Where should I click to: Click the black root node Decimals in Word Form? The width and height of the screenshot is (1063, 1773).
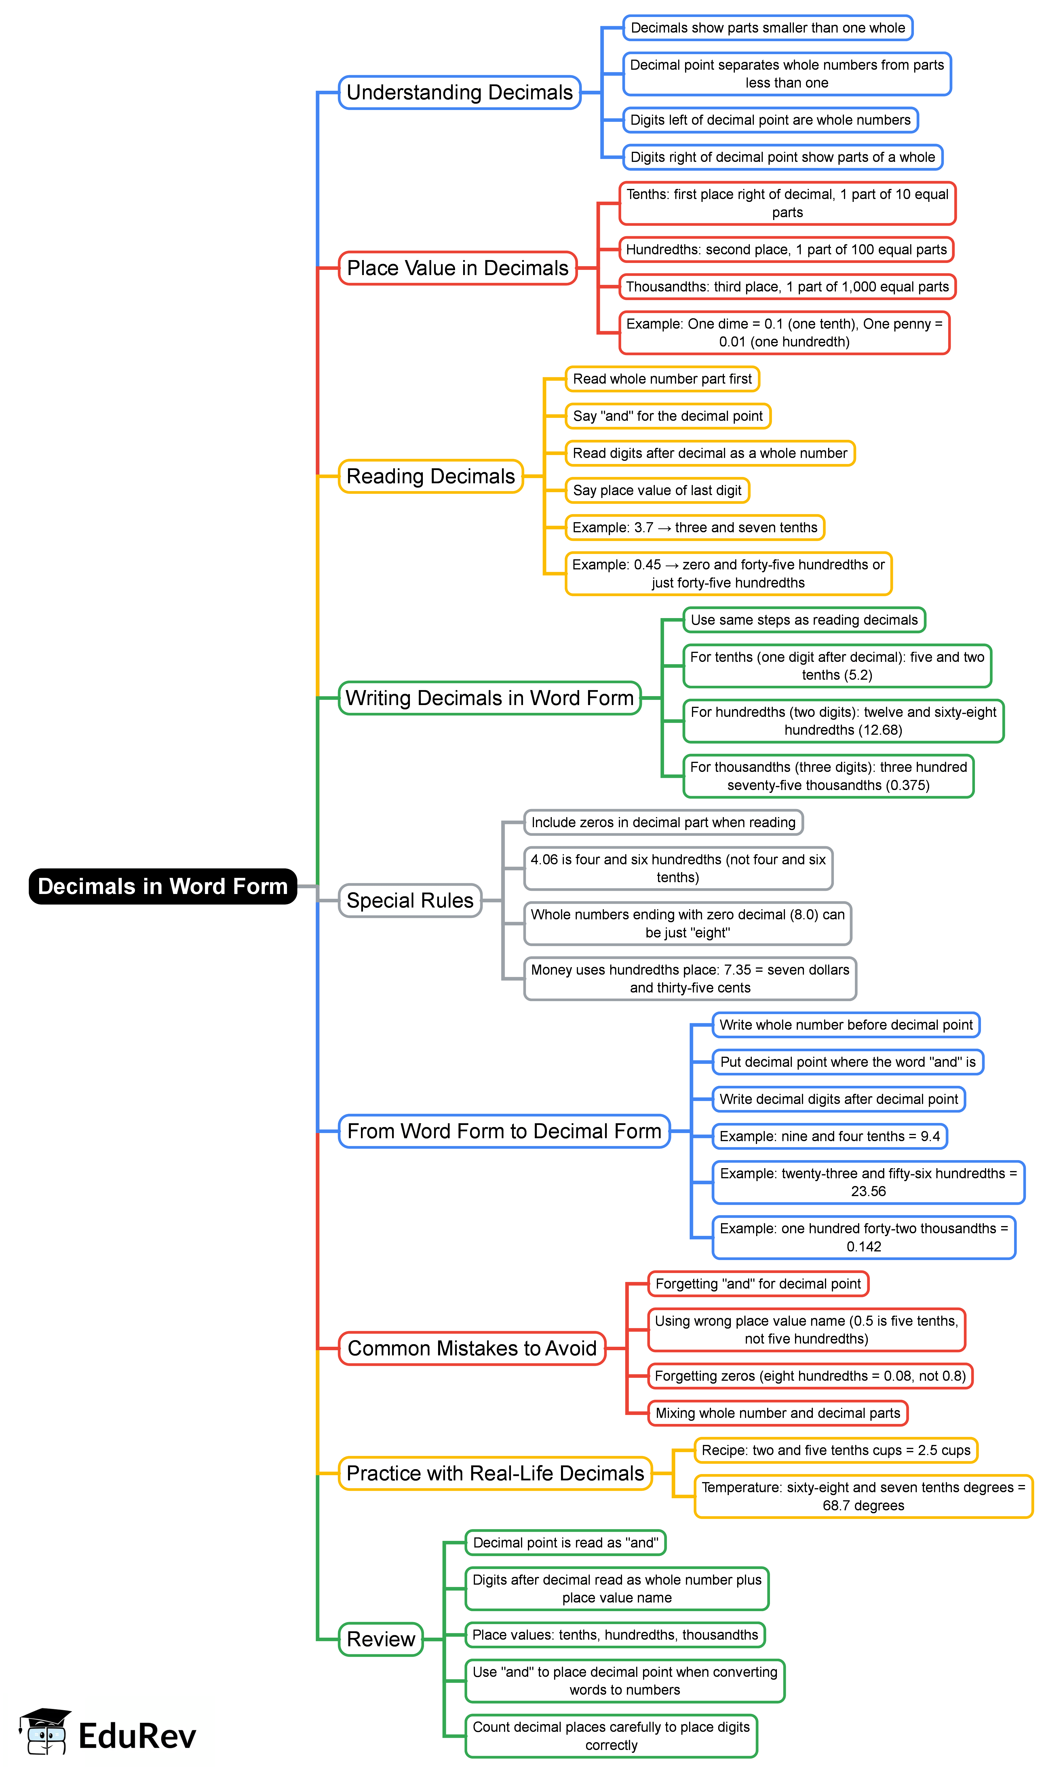tap(163, 887)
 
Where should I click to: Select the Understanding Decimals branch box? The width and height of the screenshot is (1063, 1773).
tap(459, 92)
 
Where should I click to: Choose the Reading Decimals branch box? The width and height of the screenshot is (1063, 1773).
tap(431, 477)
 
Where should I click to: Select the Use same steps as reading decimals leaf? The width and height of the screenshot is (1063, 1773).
tap(804, 620)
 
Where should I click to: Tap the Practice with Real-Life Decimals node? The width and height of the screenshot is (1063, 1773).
tap(495, 1473)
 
